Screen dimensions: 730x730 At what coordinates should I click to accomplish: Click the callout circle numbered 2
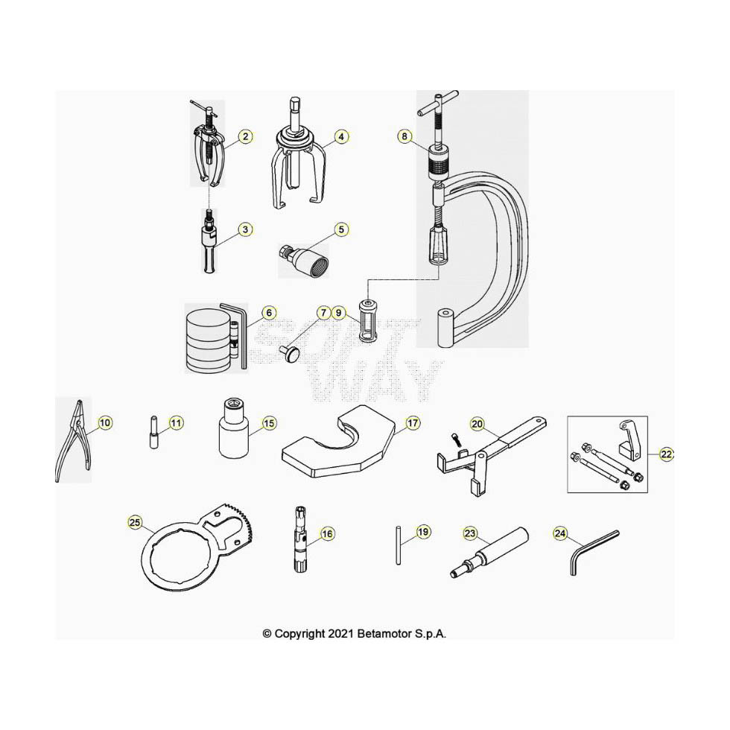tap(245, 136)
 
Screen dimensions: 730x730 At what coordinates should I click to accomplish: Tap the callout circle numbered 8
tap(404, 136)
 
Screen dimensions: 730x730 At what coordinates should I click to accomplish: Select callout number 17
tap(413, 423)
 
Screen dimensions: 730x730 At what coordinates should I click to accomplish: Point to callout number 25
tap(135, 522)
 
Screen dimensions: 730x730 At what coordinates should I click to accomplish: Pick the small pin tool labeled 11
tap(154, 432)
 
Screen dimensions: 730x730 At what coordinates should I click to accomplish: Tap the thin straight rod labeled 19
tap(398, 545)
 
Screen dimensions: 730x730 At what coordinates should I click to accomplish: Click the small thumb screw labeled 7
tap(290, 353)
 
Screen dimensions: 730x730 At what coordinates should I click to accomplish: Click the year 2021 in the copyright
tap(341, 634)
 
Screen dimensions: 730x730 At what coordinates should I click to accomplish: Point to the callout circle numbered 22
tap(666, 454)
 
